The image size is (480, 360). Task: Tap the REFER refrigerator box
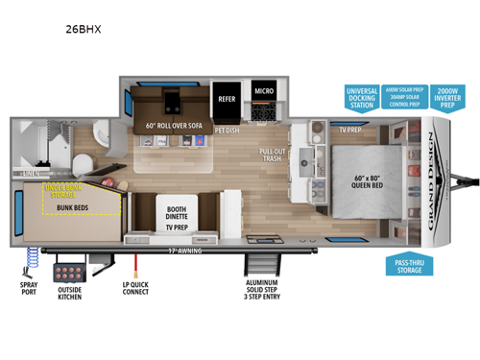point(228,97)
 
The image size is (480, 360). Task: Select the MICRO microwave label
point(264,91)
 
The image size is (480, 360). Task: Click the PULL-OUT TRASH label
point(274,155)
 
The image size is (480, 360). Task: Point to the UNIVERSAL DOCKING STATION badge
point(363,97)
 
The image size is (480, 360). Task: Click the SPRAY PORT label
point(28,289)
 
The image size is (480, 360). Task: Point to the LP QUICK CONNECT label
point(135,289)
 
